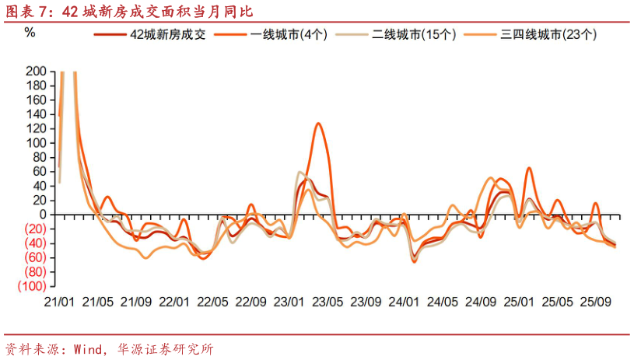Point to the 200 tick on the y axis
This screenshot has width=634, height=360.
pyautogui.click(x=37, y=72)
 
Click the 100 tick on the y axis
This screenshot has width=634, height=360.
pyautogui.click(x=37, y=143)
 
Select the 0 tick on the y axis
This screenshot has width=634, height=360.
pyautogui.click(x=43, y=215)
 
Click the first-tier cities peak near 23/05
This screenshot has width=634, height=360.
pyautogui.click(x=318, y=124)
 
